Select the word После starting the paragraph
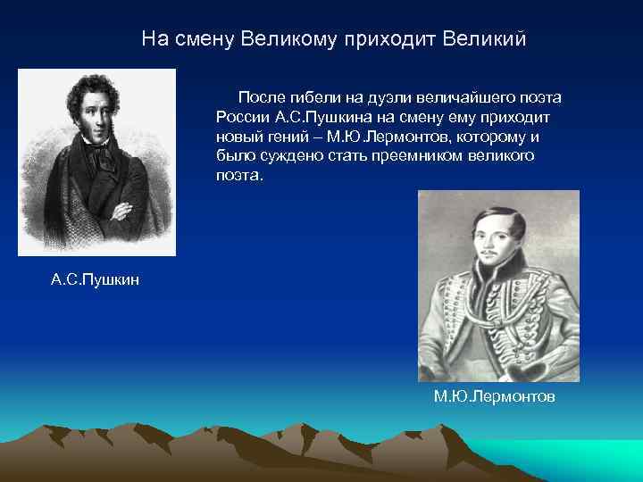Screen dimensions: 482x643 [x=258, y=97]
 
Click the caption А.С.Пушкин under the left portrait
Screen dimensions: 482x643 [x=96, y=281]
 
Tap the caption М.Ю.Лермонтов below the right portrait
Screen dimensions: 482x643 [x=494, y=395]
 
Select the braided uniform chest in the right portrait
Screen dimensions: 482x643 [x=496, y=330]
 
